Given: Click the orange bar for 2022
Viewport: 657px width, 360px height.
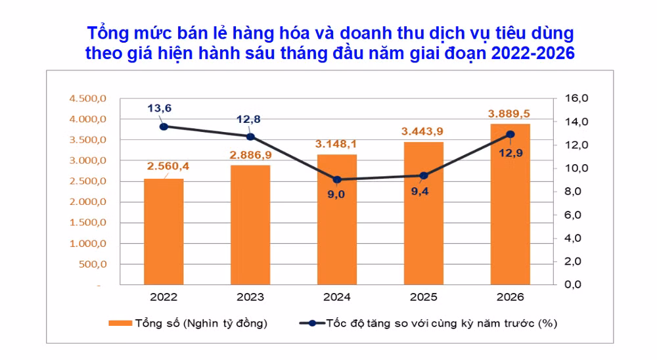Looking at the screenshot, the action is coord(164,232).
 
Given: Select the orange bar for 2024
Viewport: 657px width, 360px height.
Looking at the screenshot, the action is coord(337,219).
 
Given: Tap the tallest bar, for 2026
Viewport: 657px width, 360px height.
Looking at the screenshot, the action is coord(510,204).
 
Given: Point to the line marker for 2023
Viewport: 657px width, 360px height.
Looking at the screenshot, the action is coord(250,137).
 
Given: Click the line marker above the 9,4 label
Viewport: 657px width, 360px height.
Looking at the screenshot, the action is coord(424,175).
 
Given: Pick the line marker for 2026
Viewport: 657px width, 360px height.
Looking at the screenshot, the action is coord(510,135).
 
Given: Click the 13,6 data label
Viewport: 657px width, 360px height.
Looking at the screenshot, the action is coord(159,108).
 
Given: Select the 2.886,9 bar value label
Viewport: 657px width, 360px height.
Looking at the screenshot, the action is coord(250,155).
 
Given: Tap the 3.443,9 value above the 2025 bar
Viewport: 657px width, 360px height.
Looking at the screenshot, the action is coord(422,131).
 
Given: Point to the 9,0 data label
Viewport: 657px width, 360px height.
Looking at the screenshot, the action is coord(336,194).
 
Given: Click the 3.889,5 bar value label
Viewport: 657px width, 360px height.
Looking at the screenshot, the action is coord(509,114).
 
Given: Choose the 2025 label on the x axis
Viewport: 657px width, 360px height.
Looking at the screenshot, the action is coord(424,297).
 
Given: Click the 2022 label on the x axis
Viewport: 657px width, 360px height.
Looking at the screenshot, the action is coord(164,297).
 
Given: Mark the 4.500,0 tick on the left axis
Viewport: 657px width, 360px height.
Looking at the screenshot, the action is coord(88,99).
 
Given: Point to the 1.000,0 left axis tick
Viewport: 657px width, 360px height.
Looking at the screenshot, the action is coord(88,244).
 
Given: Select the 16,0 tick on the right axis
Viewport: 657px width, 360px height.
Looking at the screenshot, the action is coord(577,98).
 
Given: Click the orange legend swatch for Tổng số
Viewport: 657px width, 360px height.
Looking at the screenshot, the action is coord(120,323).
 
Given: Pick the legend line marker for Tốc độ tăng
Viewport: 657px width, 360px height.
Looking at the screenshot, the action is coord(312,323).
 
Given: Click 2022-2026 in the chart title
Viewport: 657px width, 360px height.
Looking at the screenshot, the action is coord(533,53).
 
